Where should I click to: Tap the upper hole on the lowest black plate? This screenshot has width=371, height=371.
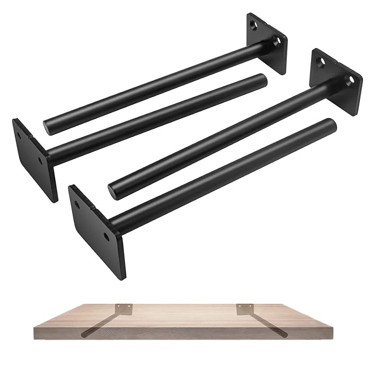click(x=78, y=203)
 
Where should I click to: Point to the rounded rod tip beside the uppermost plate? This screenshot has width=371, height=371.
click(x=262, y=80)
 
